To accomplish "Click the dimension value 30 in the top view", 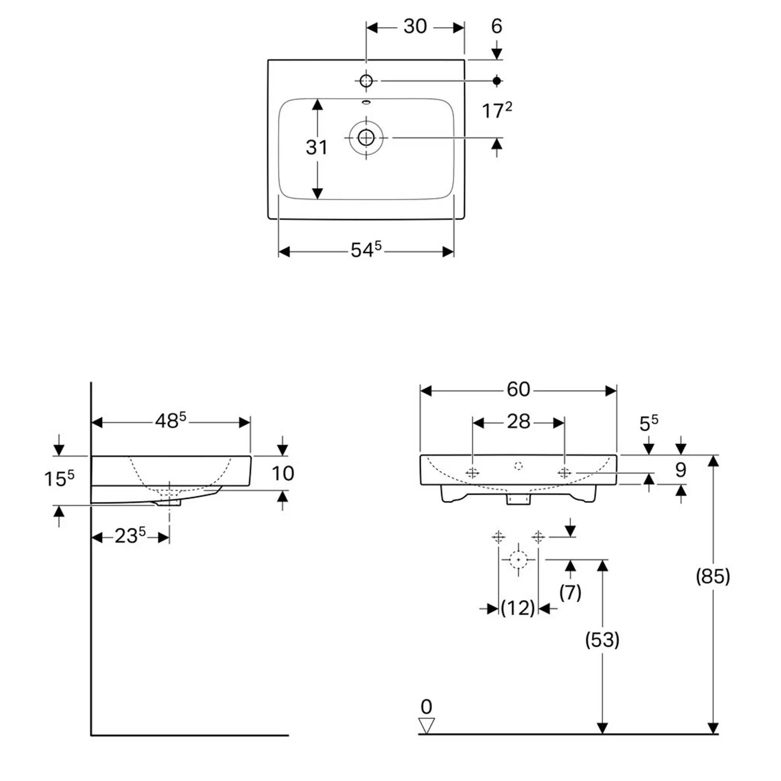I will tap(415, 27).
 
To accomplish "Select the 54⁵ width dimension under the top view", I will tap(366, 250).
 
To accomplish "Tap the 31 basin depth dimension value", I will tap(317, 147).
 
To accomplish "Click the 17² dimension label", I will tap(496, 110).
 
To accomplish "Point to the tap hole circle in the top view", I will tap(366, 81).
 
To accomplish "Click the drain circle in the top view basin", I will tap(366, 137).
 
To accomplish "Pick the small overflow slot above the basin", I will tap(366, 102).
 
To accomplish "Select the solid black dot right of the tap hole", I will tap(497, 81).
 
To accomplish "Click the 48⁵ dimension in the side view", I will tap(170, 421).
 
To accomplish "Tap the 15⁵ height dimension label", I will tap(59, 478).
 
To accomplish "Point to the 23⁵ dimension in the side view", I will tap(130, 536).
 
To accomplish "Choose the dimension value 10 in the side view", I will tap(283, 473).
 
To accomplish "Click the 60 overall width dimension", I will tap(518, 389).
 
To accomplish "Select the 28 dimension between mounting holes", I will tap(518, 422).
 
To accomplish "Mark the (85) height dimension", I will tap(713, 576).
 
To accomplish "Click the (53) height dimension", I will tap(602, 639).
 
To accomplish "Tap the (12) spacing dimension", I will tap(518, 608).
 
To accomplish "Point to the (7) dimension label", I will tap(570, 592).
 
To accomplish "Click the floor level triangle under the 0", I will tap(426, 725).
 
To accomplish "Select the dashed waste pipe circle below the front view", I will tap(518, 560).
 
